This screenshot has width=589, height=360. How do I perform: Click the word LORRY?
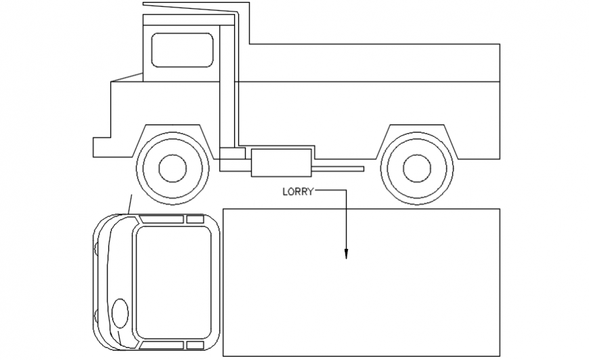[298, 192]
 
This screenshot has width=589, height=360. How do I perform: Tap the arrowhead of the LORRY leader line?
[346, 254]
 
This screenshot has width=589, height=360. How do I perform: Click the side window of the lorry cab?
[182, 50]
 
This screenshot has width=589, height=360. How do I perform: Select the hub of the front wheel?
[173, 168]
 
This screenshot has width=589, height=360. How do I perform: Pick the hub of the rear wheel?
[416, 168]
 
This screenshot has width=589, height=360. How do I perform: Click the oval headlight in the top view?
[119, 311]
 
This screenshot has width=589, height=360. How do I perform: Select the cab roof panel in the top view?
[174, 282]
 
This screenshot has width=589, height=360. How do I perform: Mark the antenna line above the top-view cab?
[130, 204]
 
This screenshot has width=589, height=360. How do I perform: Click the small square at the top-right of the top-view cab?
[195, 219]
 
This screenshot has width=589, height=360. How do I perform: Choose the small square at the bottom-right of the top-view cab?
[195, 345]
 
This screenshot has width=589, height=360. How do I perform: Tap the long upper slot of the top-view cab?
[162, 219]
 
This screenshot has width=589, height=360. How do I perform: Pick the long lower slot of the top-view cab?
[162, 345]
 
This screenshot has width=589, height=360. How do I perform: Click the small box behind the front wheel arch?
[232, 154]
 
